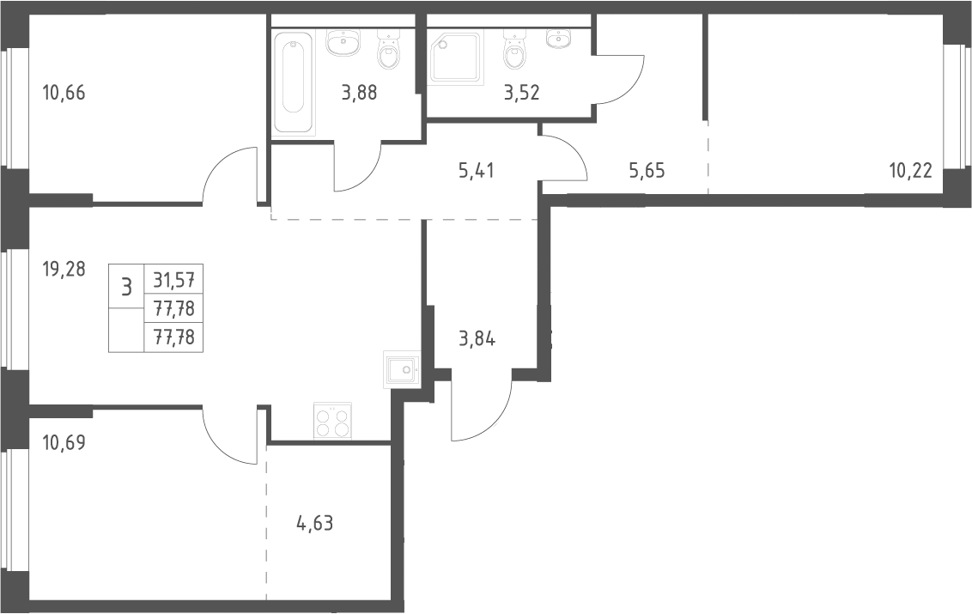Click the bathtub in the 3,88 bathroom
coord(294,82)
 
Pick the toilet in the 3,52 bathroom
coord(515,51)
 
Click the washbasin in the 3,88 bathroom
coord(343,43)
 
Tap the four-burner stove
coord(333,421)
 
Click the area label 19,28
coord(64,270)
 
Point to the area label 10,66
coord(64,93)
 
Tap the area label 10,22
coord(911,171)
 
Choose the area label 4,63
coord(315,524)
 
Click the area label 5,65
coord(647,171)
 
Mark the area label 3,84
coord(477,340)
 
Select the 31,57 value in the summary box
coord(173,281)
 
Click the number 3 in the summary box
coord(126,287)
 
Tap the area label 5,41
coord(476,171)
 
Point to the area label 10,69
coord(64,443)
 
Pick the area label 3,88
coord(359,93)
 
